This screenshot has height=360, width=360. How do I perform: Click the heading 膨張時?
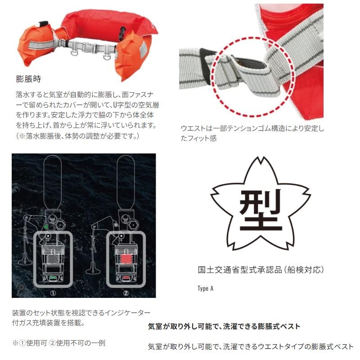pyautogui.click(x=28, y=79)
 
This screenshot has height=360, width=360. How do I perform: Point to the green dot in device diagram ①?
pyautogui.click(x=46, y=226)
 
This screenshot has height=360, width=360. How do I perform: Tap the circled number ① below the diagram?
pyautogui.click(x=54, y=291)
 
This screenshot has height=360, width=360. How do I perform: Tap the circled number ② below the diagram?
pyautogui.click(x=126, y=291)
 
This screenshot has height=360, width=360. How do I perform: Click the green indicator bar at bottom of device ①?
pyautogui.click(x=53, y=278)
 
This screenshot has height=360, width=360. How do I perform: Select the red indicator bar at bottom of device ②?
pyautogui.click(x=126, y=278)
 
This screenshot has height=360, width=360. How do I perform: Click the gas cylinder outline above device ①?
pyautogui.click(x=53, y=180)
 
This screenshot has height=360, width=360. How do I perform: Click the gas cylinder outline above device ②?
pyautogui.click(x=126, y=180)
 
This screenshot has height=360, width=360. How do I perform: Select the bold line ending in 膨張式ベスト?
pyautogui.click(x=224, y=326)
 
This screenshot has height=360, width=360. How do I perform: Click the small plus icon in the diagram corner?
pyautogui.click(x=20, y=287)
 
